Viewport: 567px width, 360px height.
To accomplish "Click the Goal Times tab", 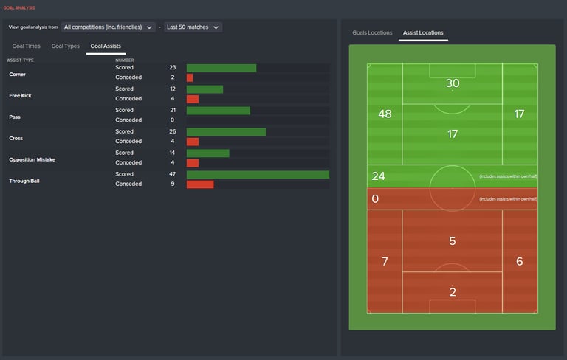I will pyautogui.click(x=26, y=46).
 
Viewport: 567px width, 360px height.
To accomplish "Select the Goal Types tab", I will pyautogui.click(x=66, y=46).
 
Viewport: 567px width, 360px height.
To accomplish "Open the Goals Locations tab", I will pyautogui.click(x=372, y=33).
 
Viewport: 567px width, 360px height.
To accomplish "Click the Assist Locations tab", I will pyautogui.click(x=423, y=33).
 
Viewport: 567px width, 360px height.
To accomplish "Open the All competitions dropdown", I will pyautogui.click(x=109, y=27).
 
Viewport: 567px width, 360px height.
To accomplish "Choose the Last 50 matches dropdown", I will pyautogui.click(x=193, y=27).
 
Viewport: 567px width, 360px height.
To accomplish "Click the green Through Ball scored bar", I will pyautogui.click(x=258, y=175).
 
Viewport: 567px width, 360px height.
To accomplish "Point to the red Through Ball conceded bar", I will pyautogui.click(x=200, y=184).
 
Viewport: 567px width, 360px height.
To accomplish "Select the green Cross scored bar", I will pyautogui.click(x=226, y=132).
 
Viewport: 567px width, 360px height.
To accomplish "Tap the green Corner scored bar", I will pyautogui.click(x=221, y=68).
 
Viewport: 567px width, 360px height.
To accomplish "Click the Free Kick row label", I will pyautogui.click(x=20, y=95).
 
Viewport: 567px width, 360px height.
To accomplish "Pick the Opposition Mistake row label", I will pyautogui.click(x=32, y=159).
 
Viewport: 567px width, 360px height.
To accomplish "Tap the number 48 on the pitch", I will pyautogui.click(x=385, y=114).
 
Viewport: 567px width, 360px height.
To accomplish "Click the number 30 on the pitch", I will pyautogui.click(x=453, y=83).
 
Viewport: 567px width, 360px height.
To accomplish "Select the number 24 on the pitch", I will pyautogui.click(x=379, y=176).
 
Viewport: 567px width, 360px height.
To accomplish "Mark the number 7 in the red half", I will pyautogui.click(x=384, y=262).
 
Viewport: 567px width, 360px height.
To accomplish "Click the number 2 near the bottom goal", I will pyautogui.click(x=453, y=292).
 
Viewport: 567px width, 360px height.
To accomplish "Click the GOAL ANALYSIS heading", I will pyautogui.click(x=19, y=8).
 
